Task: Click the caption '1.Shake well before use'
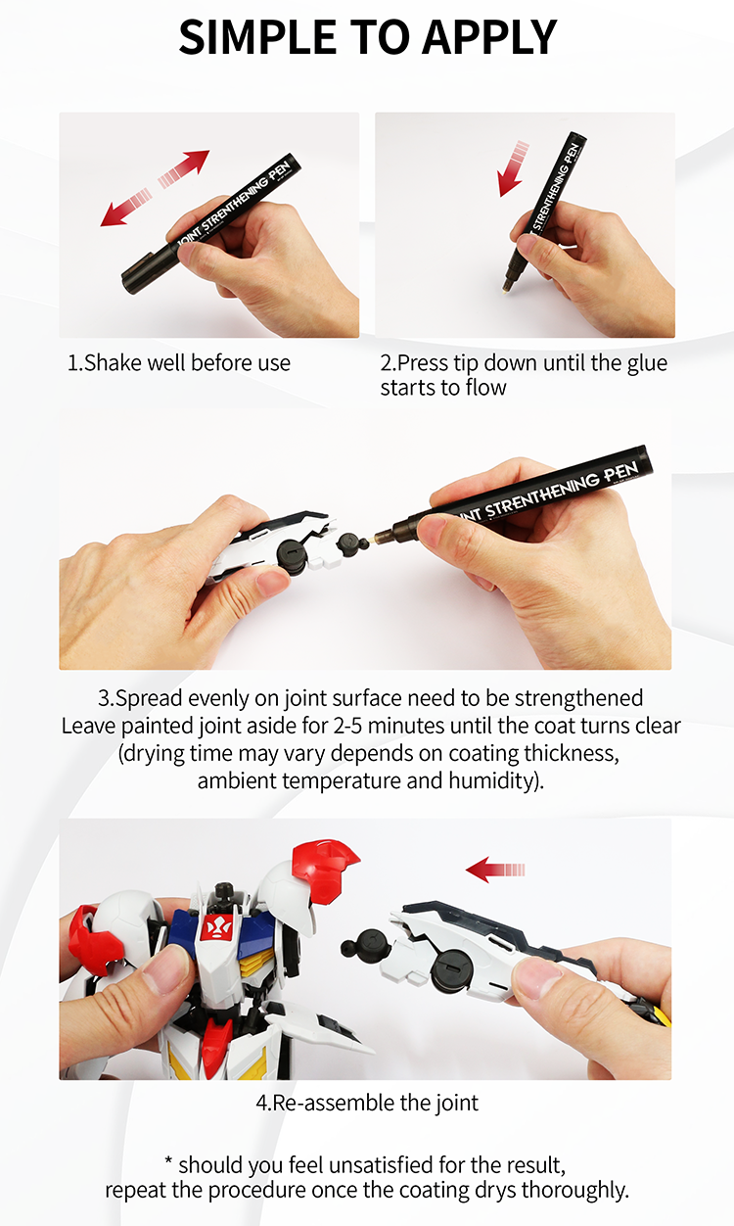(179, 363)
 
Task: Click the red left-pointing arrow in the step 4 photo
(495, 869)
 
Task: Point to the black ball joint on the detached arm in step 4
(357, 948)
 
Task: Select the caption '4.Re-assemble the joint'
(367, 1103)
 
